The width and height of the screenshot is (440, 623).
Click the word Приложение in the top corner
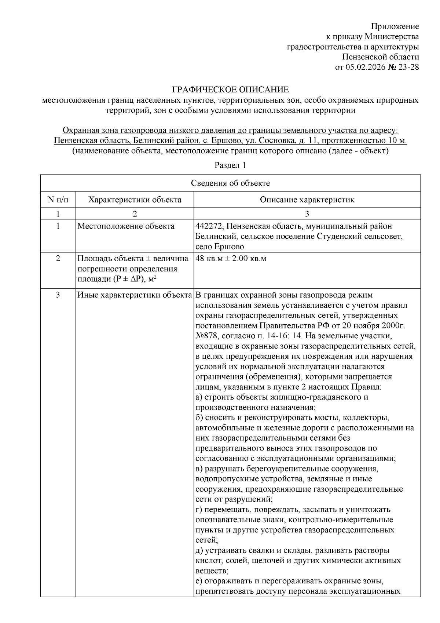395,26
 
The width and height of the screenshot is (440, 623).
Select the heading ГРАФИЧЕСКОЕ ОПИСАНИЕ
231,90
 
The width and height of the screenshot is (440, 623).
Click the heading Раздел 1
230,165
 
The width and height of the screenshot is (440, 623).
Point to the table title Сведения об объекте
230,183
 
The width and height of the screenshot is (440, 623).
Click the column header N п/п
58,200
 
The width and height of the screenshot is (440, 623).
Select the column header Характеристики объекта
135,200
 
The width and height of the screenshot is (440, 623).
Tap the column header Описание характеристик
307,200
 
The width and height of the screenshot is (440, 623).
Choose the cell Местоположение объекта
126,226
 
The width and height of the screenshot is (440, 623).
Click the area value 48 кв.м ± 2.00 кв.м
231,259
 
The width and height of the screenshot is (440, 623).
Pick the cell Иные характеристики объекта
135,295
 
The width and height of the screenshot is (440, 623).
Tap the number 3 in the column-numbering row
307,214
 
